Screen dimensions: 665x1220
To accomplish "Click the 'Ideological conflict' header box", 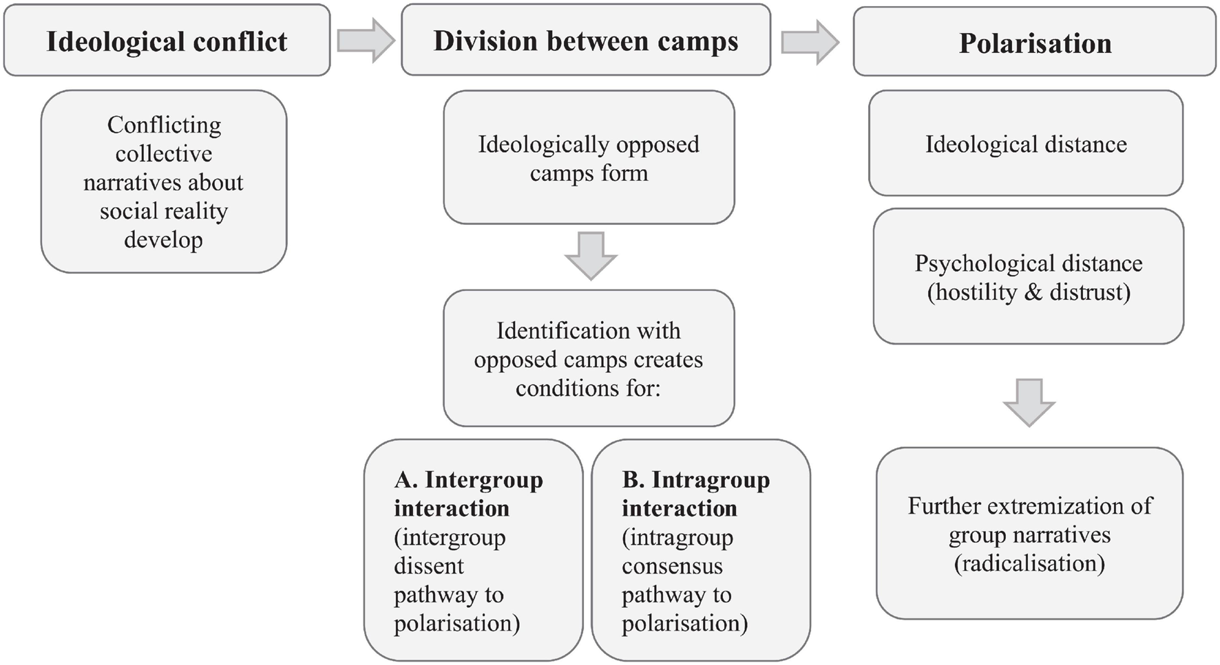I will (167, 41).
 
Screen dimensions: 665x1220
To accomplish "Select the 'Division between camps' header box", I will (585, 41).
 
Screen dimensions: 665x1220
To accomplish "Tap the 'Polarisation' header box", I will (1034, 43).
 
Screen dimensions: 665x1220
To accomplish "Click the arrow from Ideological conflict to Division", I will (366, 41).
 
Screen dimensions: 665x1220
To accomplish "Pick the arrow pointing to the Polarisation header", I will (810, 42).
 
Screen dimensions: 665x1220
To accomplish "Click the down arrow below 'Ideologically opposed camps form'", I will (590, 255).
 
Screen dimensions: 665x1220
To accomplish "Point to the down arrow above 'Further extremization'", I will (1029, 402).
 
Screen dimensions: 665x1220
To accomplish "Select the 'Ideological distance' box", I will (1025, 144).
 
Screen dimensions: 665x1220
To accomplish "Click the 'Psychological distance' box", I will (1028, 277).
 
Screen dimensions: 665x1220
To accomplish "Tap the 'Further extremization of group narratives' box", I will (1029, 534).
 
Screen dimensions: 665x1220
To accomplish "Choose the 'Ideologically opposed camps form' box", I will (589, 158).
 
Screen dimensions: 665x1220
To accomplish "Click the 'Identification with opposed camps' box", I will (589, 359).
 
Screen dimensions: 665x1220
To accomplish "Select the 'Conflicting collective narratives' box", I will (164, 182).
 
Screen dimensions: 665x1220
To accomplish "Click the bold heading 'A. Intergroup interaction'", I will (468, 494).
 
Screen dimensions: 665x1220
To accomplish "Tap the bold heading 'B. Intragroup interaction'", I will (695, 494).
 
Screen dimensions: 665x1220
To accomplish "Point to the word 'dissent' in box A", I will (428, 566).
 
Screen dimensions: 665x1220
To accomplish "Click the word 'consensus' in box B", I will (672, 566).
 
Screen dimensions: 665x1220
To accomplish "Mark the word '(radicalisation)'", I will (1029, 564).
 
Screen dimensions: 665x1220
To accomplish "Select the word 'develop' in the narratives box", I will (163, 240).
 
